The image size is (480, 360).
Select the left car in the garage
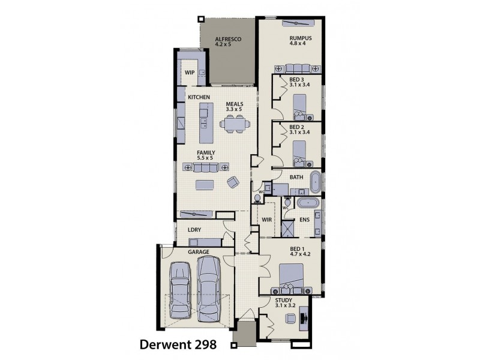point(181,290)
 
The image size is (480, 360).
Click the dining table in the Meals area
point(234,125)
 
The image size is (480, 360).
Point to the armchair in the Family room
point(232,182)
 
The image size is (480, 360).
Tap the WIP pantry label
point(190,72)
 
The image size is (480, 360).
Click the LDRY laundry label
point(193,229)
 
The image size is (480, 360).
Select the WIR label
point(268,220)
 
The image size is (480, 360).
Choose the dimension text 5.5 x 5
point(205,158)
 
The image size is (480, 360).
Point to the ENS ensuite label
point(304,220)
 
